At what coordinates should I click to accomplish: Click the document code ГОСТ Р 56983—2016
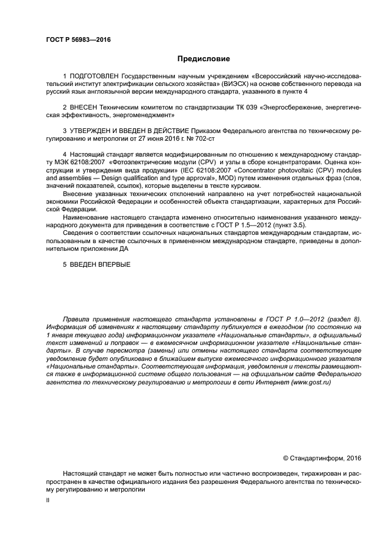tap(78, 39)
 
